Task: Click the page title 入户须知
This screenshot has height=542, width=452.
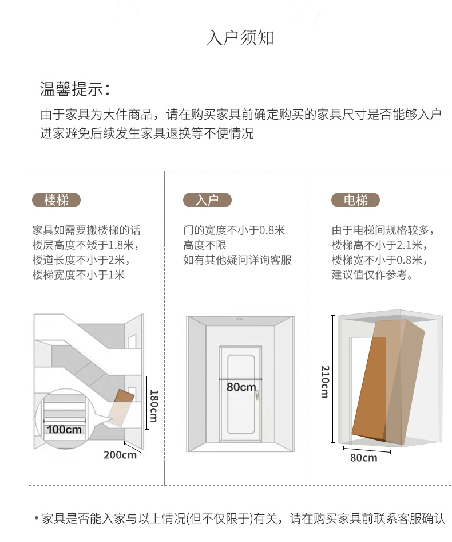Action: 240,38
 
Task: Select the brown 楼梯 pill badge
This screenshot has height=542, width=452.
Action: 56,200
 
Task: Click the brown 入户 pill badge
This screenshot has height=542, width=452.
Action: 207,200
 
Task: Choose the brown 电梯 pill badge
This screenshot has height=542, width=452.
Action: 356,200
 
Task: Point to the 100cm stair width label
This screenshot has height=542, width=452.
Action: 64,430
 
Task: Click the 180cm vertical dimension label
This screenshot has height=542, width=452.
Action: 154,406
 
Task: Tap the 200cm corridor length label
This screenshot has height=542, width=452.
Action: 120,455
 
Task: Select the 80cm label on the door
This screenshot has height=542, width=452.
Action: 241,387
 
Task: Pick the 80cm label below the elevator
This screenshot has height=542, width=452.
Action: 364,458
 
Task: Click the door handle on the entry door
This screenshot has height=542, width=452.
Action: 257,395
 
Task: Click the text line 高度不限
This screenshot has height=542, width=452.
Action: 205,245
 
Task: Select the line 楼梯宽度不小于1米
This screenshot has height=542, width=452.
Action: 78,275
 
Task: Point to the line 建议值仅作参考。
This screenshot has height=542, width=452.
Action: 372,275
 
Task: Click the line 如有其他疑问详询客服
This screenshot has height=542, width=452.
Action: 237,260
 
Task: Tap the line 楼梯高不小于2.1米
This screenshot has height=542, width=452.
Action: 379,245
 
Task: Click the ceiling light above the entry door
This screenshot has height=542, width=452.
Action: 239,319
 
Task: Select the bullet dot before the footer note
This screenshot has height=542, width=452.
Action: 36,518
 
